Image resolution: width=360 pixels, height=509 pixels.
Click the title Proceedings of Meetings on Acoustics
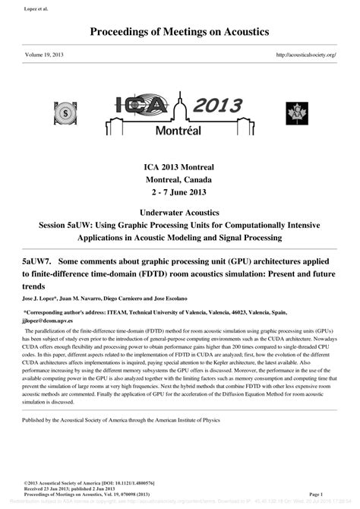click(x=179, y=32)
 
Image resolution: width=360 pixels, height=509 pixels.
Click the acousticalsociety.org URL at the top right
click(x=306, y=55)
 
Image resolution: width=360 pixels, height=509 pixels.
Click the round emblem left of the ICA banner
click(x=65, y=113)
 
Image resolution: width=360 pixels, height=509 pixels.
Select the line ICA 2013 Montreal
click(x=179, y=166)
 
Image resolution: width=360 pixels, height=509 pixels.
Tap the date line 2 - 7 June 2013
click(x=179, y=192)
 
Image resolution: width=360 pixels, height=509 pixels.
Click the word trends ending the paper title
click(x=34, y=286)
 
